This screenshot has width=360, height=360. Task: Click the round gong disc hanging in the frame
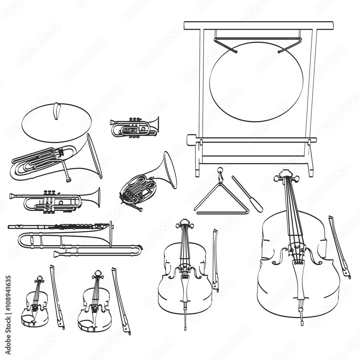point(256,82)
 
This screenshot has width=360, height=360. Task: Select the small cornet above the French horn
point(134,127)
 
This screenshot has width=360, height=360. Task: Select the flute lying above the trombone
point(58,226)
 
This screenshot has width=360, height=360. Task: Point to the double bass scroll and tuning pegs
point(286,176)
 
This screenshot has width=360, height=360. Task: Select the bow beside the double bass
point(339,247)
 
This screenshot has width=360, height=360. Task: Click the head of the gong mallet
point(191,140)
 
